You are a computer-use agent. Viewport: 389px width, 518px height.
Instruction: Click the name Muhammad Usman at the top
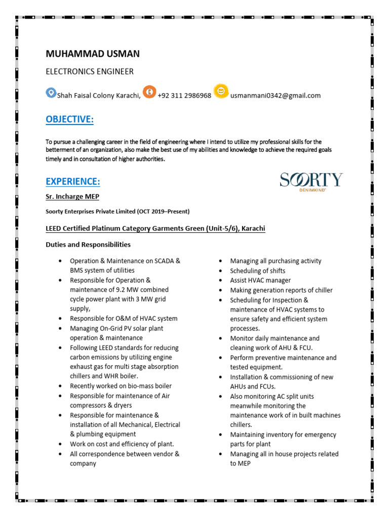pyautogui.click(x=93, y=54)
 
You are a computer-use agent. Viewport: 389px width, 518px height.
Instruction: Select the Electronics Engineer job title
pyautogui.click(x=90, y=71)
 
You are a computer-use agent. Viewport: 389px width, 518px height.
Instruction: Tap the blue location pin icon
pyautogui.click(x=51, y=93)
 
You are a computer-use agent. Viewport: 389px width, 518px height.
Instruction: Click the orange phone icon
pyautogui.click(x=149, y=92)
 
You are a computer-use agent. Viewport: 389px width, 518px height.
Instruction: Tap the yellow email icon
pyautogui.click(x=221, y=91)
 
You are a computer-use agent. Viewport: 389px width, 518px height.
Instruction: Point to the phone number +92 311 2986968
pyautogui.click(x=184, y=96)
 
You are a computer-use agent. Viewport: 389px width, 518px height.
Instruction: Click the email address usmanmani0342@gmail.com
pyautogui.click(x=276, y=96)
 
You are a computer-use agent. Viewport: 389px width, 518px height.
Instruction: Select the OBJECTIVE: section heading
pyautogui.click(x=69, y=119)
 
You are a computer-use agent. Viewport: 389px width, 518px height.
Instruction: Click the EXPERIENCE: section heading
pyautogui.click(x=73, y=181)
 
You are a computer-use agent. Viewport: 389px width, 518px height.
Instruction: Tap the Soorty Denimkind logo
pyautogui.click(x=311, y=181)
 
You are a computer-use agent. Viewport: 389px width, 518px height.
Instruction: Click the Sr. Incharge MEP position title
pyautogui.click(x=76, y=197)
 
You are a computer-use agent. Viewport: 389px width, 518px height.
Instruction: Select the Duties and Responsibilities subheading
pyautogui.click(x=88, y=244)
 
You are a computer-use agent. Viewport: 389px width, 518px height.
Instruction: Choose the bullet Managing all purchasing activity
pyautogui.click(x=276, y=261)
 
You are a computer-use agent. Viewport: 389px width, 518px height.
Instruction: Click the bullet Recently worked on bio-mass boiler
pyautogui.click(x=121, y=386)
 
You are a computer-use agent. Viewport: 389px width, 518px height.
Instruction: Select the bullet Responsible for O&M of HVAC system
pyautogui.click(x=124, y=319)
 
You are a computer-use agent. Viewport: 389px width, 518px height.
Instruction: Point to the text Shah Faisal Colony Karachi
pyautogui.click(x=98, y=96)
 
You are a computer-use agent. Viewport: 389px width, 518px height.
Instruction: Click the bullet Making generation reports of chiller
pyautogui.click(x=281, y=290)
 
